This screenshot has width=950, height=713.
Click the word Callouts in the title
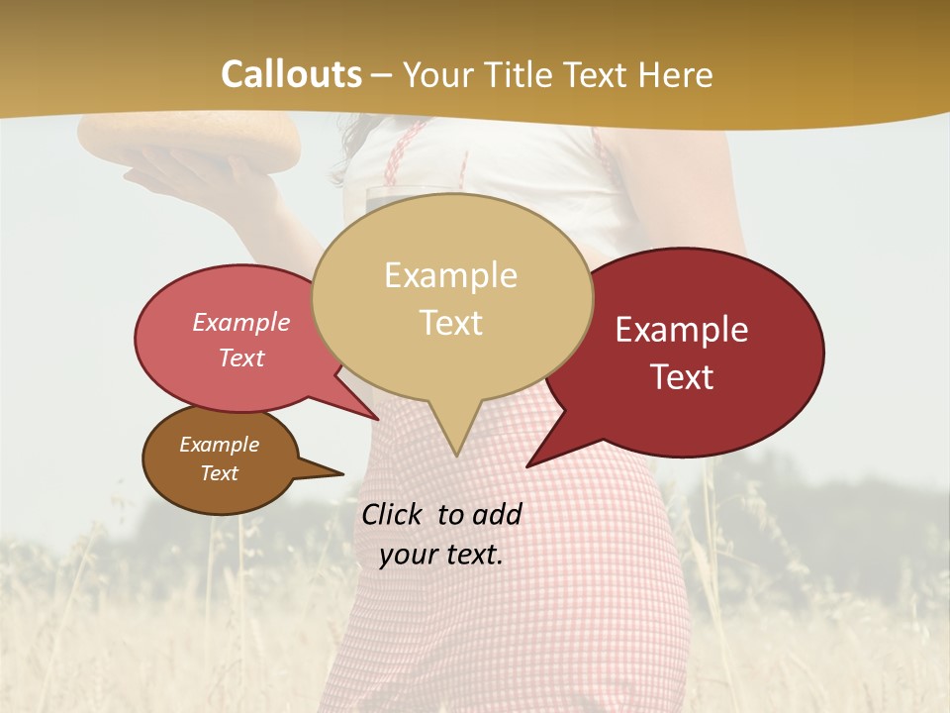tap(291, 74)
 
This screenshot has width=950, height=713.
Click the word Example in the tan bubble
tap(451, 275)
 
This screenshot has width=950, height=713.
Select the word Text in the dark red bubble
tap(682, 377)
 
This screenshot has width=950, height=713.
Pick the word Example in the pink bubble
tap(241, 323)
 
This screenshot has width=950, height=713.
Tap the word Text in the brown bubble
tap(220, 473)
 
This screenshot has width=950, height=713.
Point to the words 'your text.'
tap(441, 555)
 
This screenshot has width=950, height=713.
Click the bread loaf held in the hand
tap(188, 139)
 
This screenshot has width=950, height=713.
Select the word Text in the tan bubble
tap(451, 323)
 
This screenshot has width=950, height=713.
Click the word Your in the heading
tap(435, 74)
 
